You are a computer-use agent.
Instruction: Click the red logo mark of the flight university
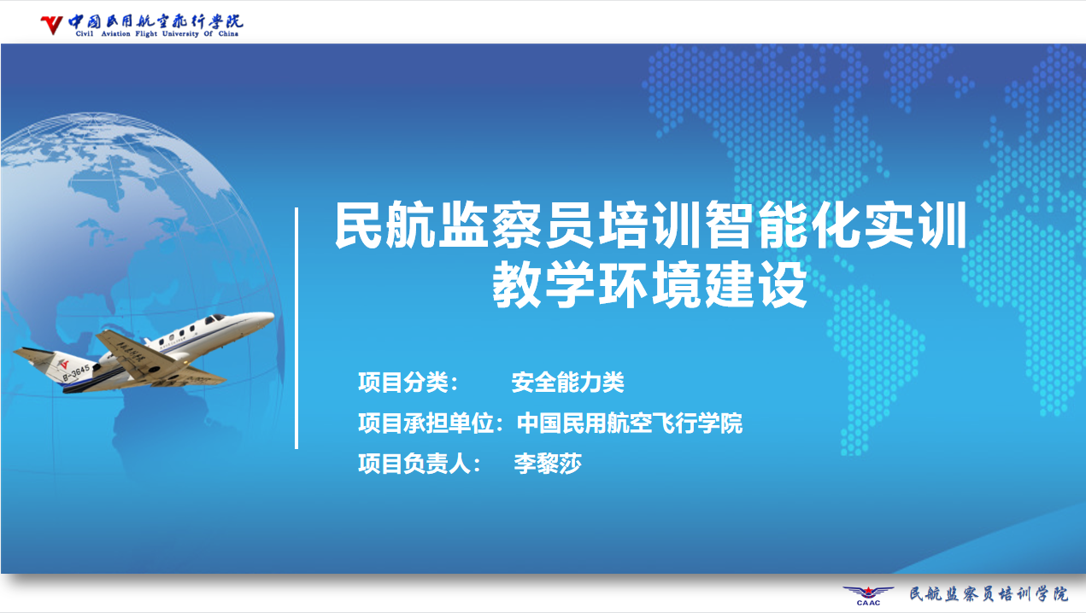pos(51,25)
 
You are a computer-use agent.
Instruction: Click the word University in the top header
pos(180,34)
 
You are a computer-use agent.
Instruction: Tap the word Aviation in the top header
pos(116,34)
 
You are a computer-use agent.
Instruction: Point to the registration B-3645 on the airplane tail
pos(76,372)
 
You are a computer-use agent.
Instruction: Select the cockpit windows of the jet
pos(214,318)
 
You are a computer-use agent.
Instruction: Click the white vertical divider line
pos(296,329)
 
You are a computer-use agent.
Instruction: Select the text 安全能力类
pos(567,382)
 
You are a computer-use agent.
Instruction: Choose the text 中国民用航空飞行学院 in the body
pos(629,423)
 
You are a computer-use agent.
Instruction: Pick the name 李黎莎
pos(548,464)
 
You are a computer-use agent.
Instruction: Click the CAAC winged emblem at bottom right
pos(868,594)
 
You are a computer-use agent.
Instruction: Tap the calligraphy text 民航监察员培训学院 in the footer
pos(989,593)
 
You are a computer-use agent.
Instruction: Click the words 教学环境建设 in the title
pos(649,285)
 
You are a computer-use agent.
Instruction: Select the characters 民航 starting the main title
pos(385,225)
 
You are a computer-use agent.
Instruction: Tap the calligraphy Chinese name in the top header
pos(156,21)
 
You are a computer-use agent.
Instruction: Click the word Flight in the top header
pos(146,34)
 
